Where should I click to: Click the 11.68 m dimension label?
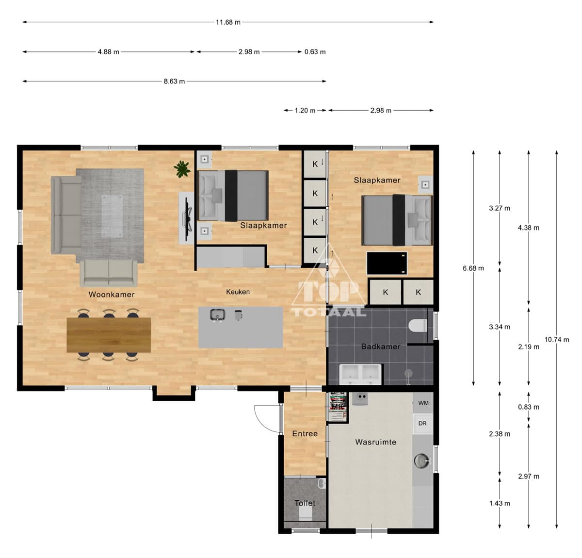point(228,22)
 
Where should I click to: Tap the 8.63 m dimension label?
point(174,82)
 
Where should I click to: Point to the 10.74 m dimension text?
point(557,340)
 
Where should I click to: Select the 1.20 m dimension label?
point(305,111)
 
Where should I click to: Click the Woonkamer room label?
point(112,295)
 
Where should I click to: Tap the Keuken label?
point(238,292)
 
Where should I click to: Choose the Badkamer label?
point(380,346)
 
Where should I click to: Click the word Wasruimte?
point(376,442)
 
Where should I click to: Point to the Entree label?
point(305,433)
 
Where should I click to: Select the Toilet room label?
point(305,503)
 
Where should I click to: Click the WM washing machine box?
point(423,403)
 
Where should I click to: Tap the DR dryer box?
point(422,424)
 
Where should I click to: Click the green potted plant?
point(182,169)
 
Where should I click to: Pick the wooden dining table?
point(109,335)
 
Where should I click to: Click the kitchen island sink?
point(217,315)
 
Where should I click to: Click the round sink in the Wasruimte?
point(421,460)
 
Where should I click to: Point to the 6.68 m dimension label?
point(473,268)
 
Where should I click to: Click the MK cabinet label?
point(338,406)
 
